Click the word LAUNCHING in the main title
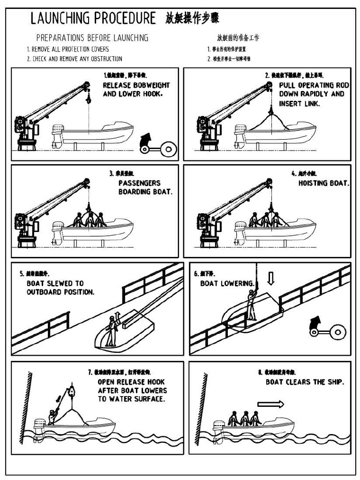(x=60, y=18)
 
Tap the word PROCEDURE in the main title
(x=125, y=18)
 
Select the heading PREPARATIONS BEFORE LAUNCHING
(x=92, y=38)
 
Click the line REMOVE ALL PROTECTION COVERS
(x=67, y=49)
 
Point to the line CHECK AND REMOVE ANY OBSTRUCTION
(x=74, y=59)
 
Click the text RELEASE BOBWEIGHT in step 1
(x=136, y=85)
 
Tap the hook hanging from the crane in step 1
(x=88, y=99)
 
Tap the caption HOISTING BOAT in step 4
(x=323, y=183)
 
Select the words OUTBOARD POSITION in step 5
(x=60, y=292)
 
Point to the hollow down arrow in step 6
(x=270, y=278)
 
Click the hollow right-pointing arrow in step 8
(x=270, y=404)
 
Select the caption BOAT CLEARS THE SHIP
(x=305, y=382)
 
